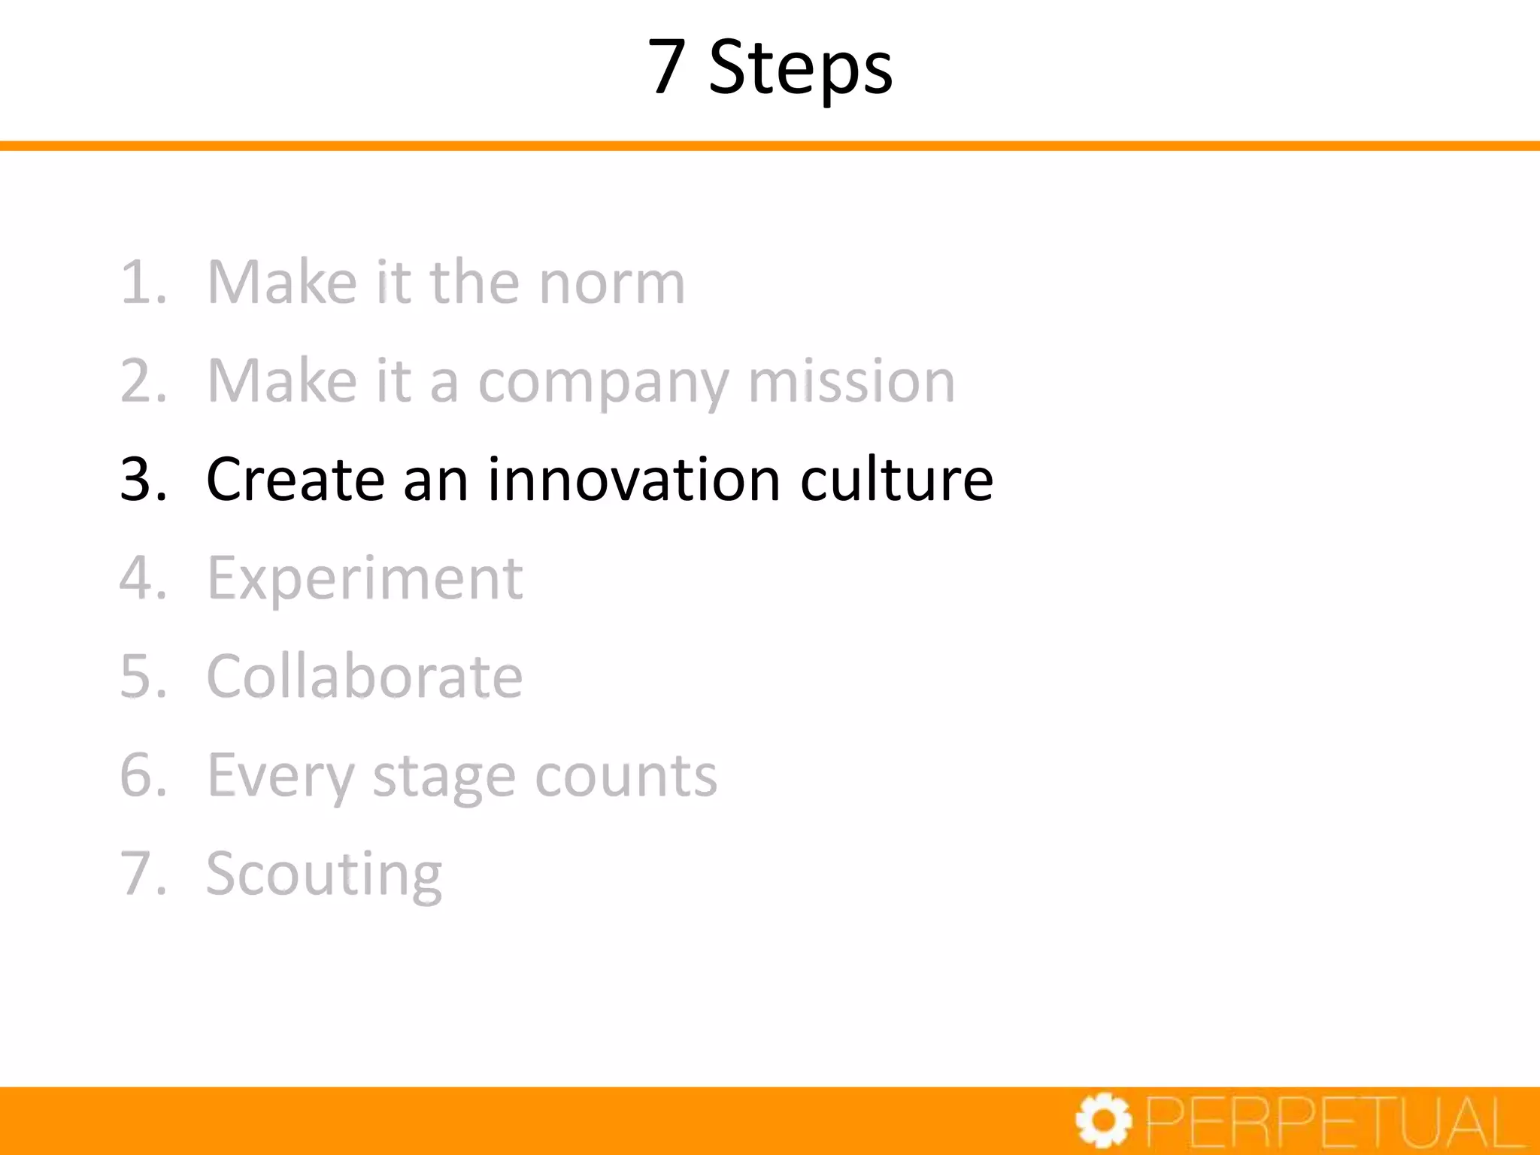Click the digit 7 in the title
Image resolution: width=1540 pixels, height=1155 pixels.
click(667, 67)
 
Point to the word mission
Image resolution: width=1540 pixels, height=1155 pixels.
click(851, 381)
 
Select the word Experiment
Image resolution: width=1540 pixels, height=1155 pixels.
click(365, 579)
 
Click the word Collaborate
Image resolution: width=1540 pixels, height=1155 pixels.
click(365, 676)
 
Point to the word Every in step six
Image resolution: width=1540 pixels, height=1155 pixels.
click(280, 777)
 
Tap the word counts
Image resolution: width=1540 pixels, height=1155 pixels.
click(626, 775)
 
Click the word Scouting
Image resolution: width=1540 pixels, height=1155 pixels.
click(324, 875)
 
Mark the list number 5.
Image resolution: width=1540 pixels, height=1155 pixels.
click(142, 676)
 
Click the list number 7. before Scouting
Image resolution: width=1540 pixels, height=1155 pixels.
click(142, 874)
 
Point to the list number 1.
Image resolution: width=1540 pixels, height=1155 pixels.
click(142, 283)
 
